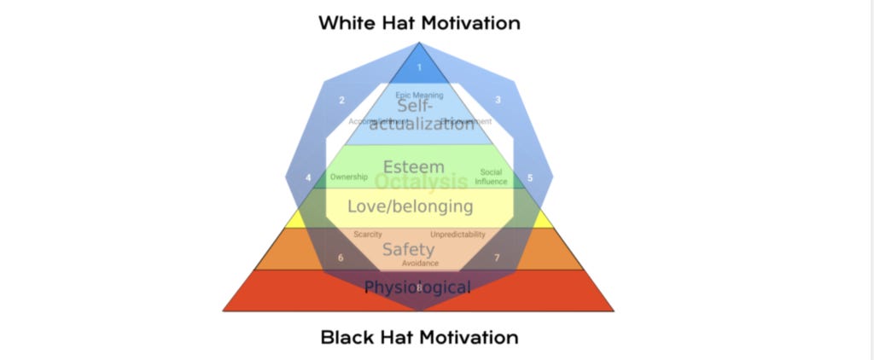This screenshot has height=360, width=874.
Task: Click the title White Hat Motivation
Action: [x=419, y=23]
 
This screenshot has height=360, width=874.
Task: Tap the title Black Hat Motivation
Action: [x=419, y=337]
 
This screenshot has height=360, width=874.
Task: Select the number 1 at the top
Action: [x=419, y=67]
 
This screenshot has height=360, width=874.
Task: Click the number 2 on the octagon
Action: [x=342, y=101]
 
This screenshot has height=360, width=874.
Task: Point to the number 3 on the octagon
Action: [x=498, y=101]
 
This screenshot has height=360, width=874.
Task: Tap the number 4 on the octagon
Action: [x=308, y=178]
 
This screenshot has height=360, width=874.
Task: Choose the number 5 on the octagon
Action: [x=530, y=178]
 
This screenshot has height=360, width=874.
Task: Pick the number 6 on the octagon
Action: [x=341, y=257]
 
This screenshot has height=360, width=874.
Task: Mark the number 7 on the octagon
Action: [x=498, y=257]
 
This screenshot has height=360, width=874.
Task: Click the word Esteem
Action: [x=414, y=166]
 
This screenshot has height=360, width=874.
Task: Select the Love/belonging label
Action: [x=410, y=206]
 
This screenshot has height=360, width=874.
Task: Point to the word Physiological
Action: [x=417, y=287]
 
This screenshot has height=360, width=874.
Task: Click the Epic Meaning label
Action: [x=419, y=96]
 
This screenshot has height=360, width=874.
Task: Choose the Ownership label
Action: [x=348, y=177]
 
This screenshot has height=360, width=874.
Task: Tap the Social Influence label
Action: [x=491, y=177]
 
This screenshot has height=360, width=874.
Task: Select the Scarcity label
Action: [x=367, y=234]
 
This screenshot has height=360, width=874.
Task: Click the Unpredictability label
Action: [x=457, y=234]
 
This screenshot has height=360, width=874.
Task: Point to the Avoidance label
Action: [x=420, y=263]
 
